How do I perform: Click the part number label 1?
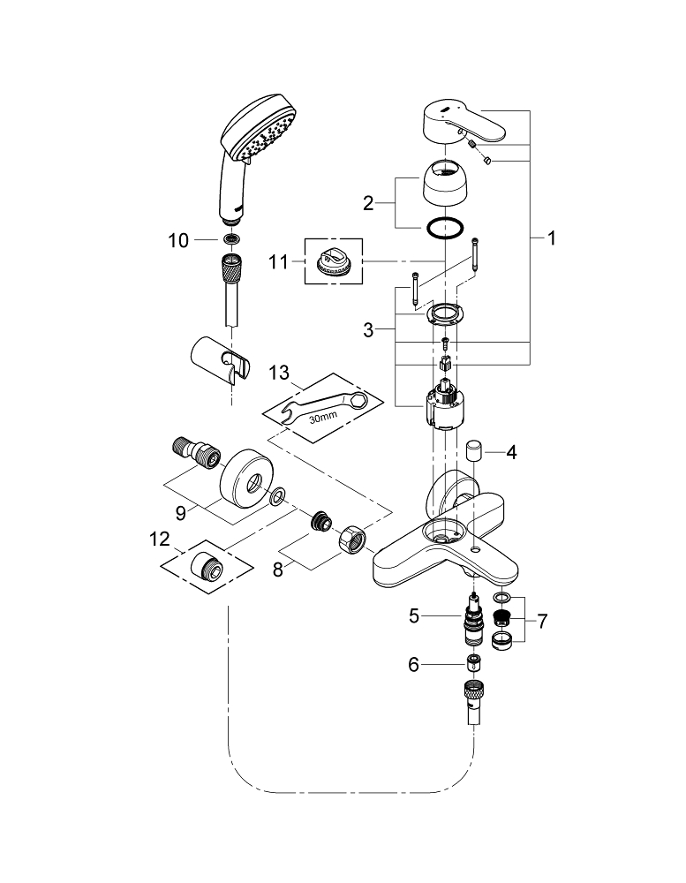coord(551,238)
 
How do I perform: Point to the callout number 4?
coord(512,451)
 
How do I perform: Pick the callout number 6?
coord(413,664)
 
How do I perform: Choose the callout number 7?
coord(541,622)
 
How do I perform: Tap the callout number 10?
coord(178,240)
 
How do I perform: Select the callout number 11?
coord(280,262)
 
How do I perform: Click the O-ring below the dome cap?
coord(441,229)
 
